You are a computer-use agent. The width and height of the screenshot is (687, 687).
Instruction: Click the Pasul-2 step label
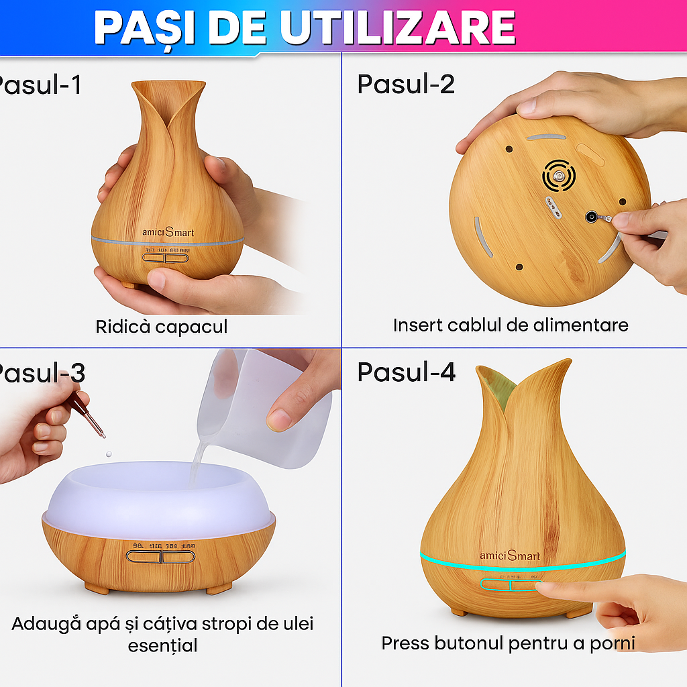406,85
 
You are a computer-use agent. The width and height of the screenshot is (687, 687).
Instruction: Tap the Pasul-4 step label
406,372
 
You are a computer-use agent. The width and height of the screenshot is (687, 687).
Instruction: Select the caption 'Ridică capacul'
161,327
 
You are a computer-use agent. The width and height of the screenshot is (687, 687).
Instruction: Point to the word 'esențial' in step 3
162,645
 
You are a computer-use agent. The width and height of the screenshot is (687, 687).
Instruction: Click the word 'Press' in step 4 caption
406,643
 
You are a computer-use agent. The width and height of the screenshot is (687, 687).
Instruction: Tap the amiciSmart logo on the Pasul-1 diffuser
168,233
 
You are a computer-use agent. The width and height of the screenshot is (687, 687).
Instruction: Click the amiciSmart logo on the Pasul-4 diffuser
510,556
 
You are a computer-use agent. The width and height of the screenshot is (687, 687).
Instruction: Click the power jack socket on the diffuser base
592,217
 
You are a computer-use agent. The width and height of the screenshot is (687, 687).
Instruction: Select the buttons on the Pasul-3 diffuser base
160,556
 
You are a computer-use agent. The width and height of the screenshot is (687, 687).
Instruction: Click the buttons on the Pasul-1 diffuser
166,258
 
